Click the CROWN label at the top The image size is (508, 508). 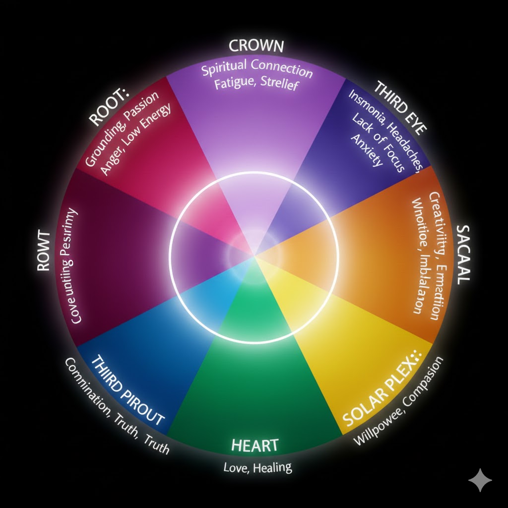256,47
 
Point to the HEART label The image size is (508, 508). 254,444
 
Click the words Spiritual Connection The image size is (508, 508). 257,69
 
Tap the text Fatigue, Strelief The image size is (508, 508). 255,84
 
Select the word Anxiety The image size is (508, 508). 368,150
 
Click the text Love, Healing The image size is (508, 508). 257,467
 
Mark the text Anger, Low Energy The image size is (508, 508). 135,140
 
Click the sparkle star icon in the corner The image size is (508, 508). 480,480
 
